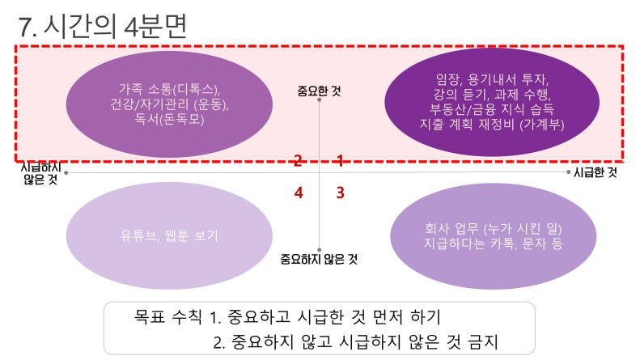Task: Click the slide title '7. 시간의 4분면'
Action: [x=103, y=26]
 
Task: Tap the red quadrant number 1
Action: [x=340, y=161]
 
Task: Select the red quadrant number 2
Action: [x=298, y=161]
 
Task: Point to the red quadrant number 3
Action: [x=341, y=193]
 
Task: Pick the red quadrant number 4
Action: [x=299, y=193]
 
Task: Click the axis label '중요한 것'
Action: [x=319, y=91]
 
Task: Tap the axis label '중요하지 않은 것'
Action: [x=319, y=259]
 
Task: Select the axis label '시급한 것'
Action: [x=595, y=172]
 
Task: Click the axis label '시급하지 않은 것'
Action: [x=40, y=173]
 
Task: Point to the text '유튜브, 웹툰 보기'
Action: [x=169, y=236]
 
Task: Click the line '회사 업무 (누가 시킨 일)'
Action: [x=493, y=229]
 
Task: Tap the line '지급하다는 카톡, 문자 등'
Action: [x=493, y=244]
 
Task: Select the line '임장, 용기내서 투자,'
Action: [x=492, y=78]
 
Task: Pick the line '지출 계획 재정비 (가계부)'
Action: [x=492, y=124]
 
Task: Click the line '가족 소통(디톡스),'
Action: [x=169, y=89]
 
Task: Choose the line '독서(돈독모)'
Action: [x=169, y=119]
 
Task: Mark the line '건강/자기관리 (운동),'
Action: [x=169, y=104]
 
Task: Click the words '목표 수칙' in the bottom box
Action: [x=167, y=316]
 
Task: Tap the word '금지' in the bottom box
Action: [x=483, y=341]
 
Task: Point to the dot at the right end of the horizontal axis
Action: [x=568, y=172]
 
